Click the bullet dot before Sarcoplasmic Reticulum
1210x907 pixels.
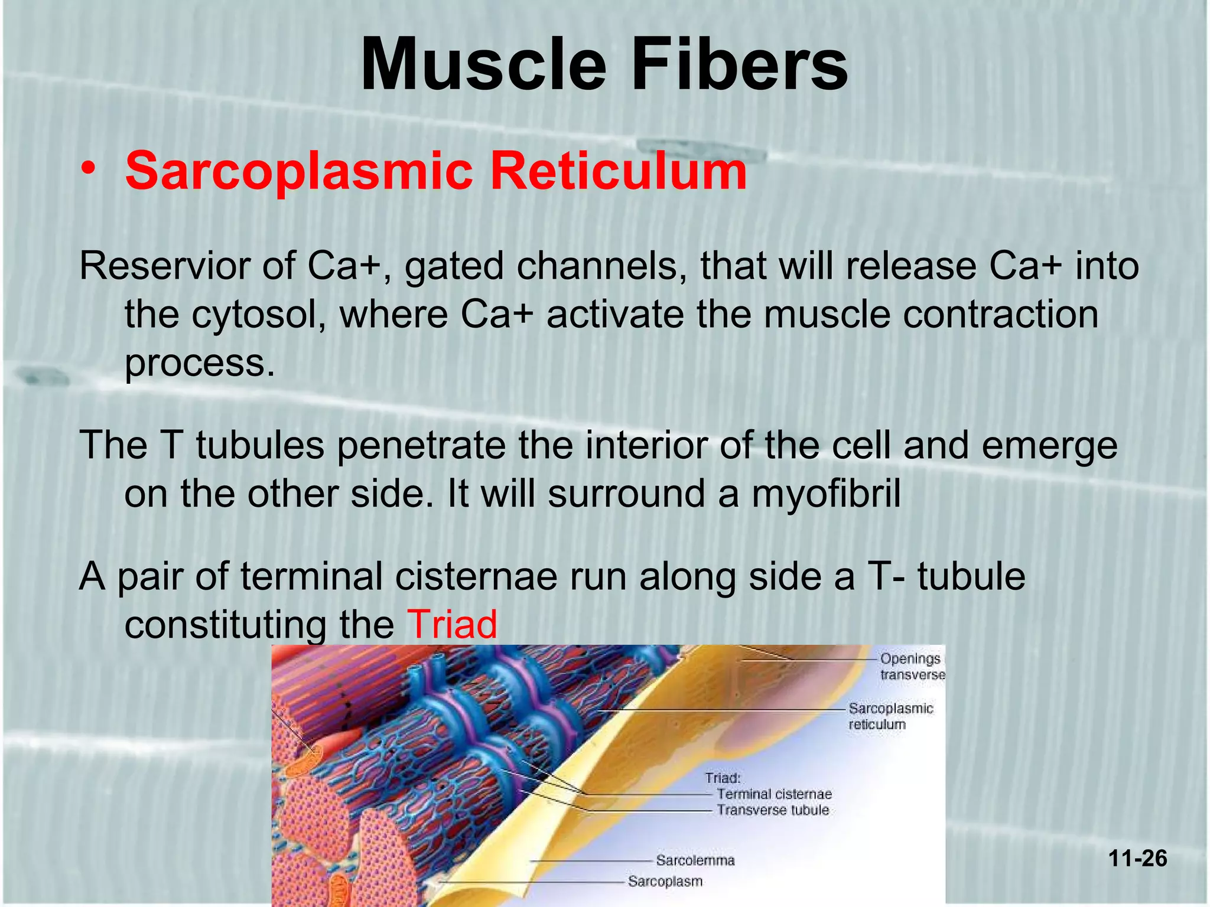[89, 169]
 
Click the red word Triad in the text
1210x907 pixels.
[452, 625]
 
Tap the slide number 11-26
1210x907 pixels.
[1137, 858]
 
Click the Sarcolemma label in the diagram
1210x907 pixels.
[695, 860]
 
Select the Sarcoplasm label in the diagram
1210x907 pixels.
[665, 882]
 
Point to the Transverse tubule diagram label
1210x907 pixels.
[772, 810]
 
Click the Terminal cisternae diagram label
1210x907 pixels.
[774, 794]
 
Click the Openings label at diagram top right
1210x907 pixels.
[910, 659]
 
